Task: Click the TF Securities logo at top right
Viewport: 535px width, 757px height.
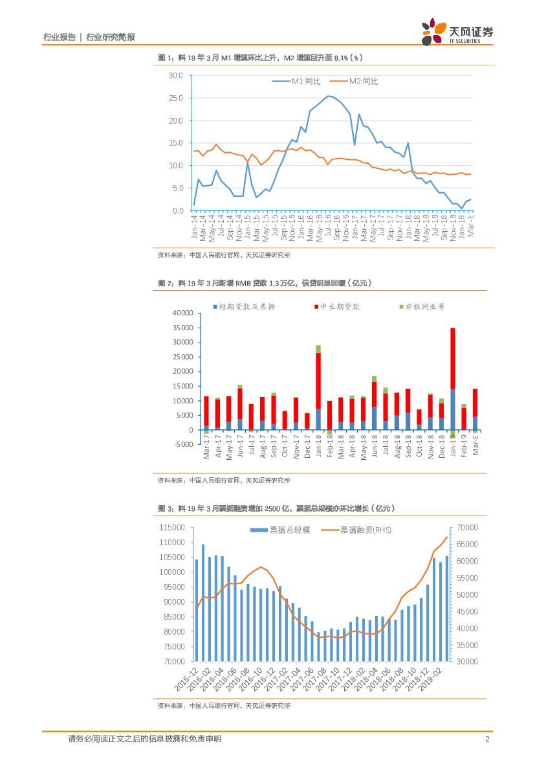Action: point(457,32)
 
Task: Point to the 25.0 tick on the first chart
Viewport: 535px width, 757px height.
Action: point(176,98)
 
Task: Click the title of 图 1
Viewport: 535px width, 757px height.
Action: point(260,58)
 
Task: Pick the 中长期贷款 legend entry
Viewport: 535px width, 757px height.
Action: point(336,306)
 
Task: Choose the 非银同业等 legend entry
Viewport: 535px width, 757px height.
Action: point(420,306)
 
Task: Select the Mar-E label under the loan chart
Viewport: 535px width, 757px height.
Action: point(476,447)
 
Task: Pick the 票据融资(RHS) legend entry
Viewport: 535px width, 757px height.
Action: point(357,530)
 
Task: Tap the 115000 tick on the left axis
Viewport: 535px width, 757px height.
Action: point(172,528)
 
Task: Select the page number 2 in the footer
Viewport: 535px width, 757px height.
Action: point(486,740)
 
